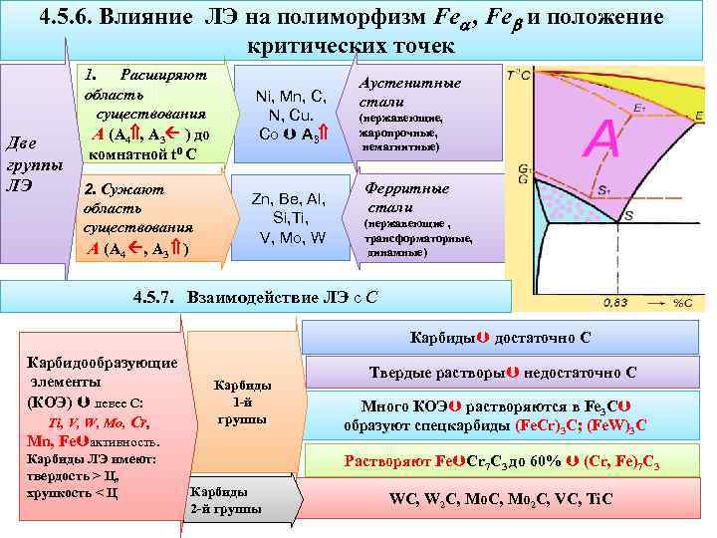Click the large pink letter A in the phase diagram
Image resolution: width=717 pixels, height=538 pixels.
coord(605,138)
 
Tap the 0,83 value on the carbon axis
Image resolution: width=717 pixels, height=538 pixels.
coord(615,301)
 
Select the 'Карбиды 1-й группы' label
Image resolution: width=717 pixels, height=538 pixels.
coord(242,403)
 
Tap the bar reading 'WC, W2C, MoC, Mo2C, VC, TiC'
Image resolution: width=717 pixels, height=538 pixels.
coord(501,499)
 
